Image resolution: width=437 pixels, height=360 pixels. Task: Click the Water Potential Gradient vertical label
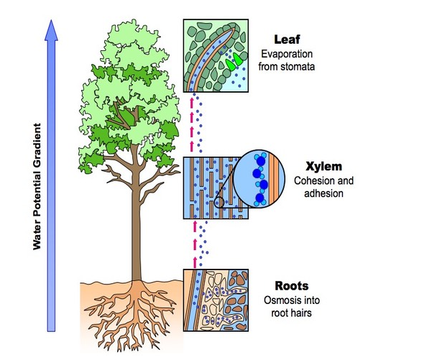tap(36, 187)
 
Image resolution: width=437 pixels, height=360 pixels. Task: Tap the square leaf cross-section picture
tap(216, 55)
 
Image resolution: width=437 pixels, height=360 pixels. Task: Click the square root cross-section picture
tap(216, 299)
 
